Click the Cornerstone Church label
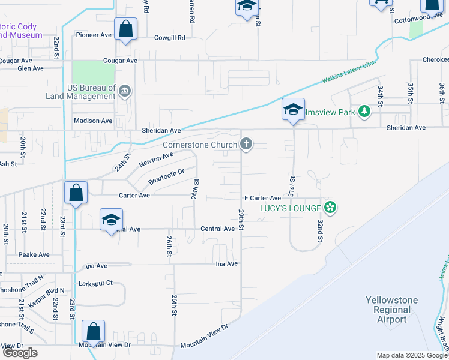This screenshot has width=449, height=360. coord(200,145)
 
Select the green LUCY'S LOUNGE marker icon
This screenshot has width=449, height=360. coord(329,208)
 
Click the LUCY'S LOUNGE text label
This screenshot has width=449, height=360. coord(289,208)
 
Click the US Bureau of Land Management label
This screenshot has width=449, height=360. coord(82,91)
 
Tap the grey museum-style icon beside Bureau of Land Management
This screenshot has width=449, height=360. coord(125,91)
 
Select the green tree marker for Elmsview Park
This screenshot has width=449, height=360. coord(363,112)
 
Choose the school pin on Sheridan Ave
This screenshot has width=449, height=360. coord(293,110)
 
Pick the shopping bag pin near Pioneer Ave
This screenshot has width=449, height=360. coord(126,29)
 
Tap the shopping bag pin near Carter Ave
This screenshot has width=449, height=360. coord(76,193)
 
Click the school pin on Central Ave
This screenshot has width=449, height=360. coord(112,220)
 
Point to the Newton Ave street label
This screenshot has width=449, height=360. coord(156,160)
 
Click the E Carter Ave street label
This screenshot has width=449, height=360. coord(262,198)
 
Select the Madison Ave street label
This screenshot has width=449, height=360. coord(93,121)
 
